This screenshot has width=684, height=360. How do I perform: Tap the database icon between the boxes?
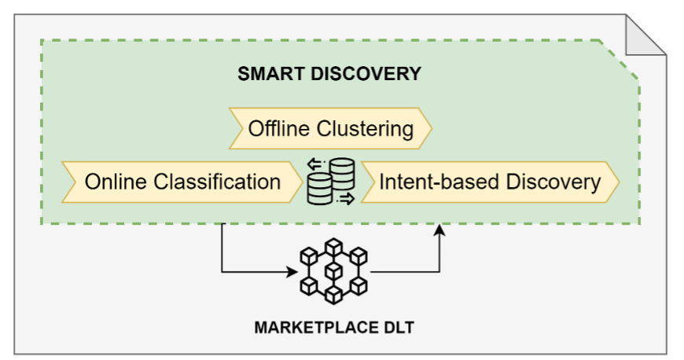pyautogui.click(x=330, y=182)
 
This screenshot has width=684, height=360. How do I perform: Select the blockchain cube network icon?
pyautogui.click(x=334, y=272)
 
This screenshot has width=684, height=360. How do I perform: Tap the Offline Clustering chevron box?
pyautogui.click(x=330, y=129)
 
